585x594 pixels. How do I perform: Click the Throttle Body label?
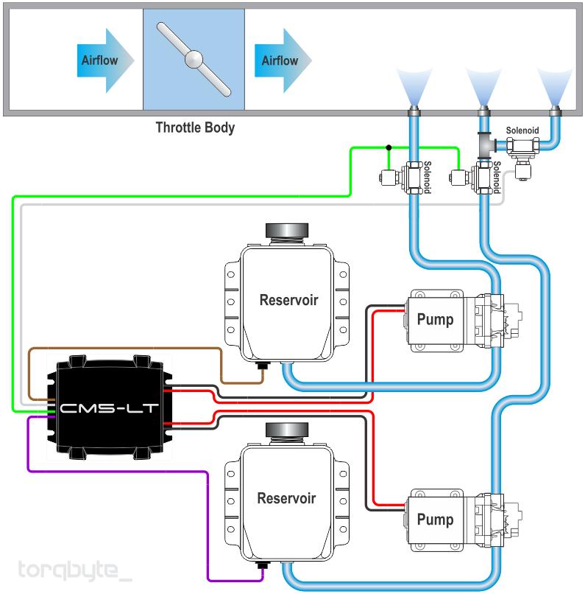(195, 127)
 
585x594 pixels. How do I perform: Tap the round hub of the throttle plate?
(194, 60)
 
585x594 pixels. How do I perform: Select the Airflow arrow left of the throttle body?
(105, 60)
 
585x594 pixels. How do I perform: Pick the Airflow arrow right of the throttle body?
(283, 60)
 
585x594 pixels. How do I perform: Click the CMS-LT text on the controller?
(109, 408)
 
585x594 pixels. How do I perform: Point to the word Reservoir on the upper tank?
(289, 300)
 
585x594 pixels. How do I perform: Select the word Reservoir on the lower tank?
(287, 498)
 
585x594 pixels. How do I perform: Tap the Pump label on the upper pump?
(435, 320)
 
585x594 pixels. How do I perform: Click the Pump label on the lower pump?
(435, 520)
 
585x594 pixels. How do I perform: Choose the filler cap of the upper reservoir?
(287, 230)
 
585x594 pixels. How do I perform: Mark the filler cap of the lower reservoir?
(287, 430)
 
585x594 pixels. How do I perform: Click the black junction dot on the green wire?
(389, 147)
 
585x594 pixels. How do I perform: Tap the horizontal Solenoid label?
(522, 130)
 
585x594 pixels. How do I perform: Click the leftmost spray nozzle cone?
(414, 86)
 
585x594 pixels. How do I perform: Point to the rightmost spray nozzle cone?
(555, 86)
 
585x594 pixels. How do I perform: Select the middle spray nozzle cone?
(484, 86)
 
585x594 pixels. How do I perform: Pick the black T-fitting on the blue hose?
(486, 145)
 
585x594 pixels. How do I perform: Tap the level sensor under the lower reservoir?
(262, 565)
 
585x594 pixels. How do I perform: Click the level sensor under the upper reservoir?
(262, 366)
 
